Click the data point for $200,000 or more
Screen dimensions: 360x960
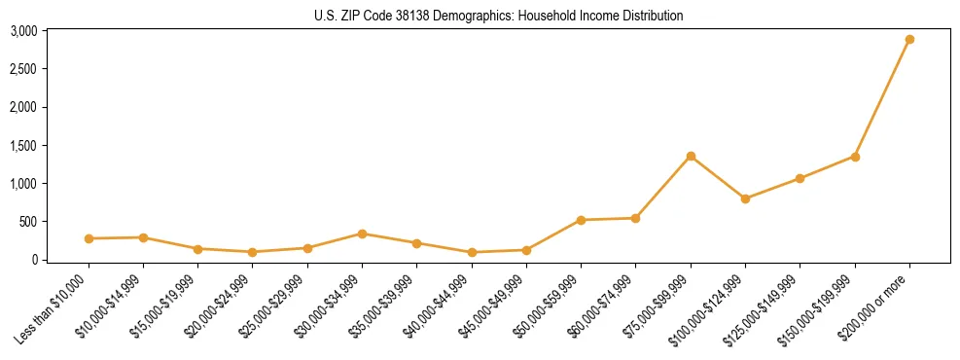coord(909,40)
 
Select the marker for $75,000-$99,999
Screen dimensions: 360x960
coord(691,156)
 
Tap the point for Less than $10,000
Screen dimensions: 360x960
coord(89,238)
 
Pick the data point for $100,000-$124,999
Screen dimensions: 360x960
coord(745,198)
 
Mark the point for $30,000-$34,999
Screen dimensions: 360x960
coord(362,234)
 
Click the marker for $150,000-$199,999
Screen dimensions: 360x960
coord(855,157)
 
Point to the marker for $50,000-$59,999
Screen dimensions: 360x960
coord(581,220)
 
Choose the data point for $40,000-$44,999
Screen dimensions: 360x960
coord(472,252)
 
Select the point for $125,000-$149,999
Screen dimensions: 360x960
coord(800,178)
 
